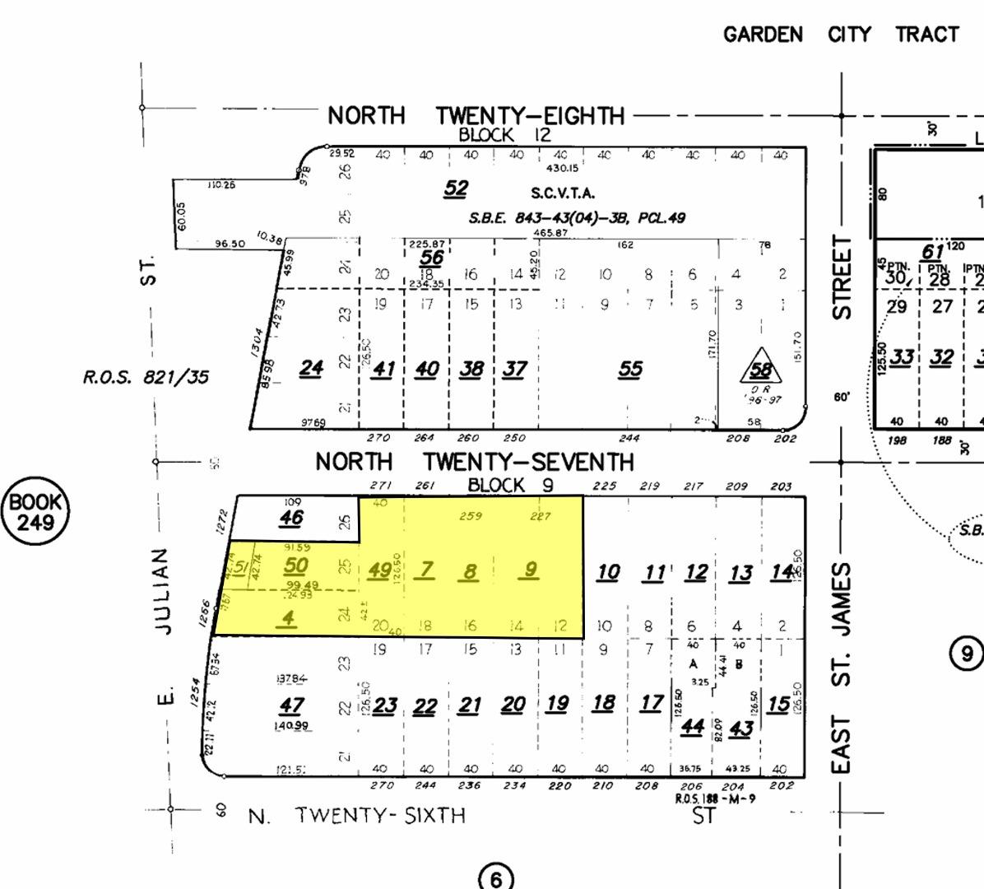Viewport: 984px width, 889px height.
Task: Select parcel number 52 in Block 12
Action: pos(456,189)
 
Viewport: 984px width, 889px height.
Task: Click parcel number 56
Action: pos(431,258)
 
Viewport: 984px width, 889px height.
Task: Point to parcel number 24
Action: pos(310,368)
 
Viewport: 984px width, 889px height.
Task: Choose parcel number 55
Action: pos(629,369)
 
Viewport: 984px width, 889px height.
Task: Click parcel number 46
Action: pos(291,518)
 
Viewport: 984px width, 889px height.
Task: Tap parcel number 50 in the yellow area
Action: pos(295,566)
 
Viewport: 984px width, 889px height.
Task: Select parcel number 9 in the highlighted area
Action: pos(531,569)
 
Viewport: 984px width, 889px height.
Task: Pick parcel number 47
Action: pos(291,705)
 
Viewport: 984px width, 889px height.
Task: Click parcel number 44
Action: pos(692,726)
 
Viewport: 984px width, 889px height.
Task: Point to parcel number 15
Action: pos(777,705)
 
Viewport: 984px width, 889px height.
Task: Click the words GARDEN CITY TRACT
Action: pos(841,35)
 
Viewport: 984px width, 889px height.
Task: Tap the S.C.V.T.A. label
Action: pos(563,193)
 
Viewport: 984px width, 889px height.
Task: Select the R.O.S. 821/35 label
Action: pos(146,377)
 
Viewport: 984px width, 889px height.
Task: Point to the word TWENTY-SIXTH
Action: pos(380,816)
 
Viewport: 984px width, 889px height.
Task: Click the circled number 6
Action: pos(495,878)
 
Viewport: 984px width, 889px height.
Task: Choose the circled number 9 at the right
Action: pos(967,654)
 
